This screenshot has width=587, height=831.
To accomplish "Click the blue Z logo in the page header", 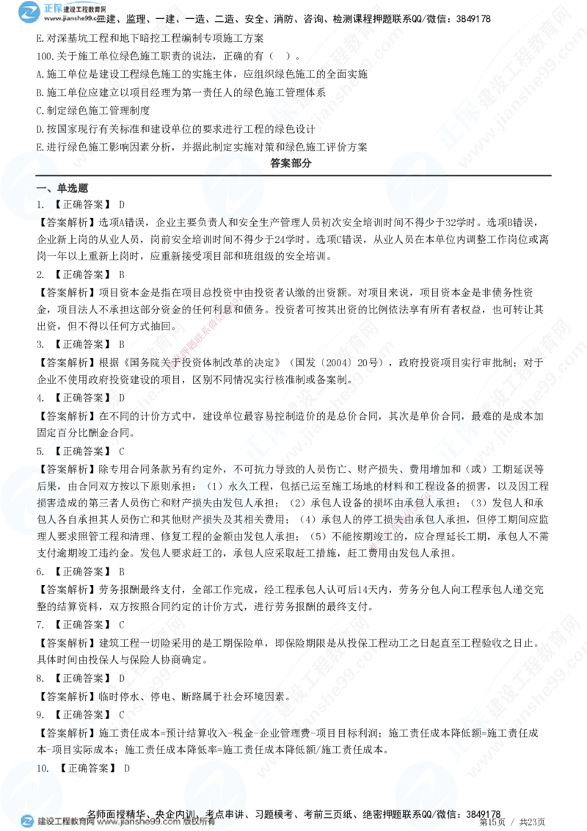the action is [x=30, y=11].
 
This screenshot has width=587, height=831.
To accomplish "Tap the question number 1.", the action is [x=40, y=206].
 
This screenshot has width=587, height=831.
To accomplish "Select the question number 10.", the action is [x=43, y=769].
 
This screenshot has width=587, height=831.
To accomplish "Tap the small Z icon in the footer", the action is [x=27, y=821].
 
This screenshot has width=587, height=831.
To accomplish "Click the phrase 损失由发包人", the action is [x=220, y=503].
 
